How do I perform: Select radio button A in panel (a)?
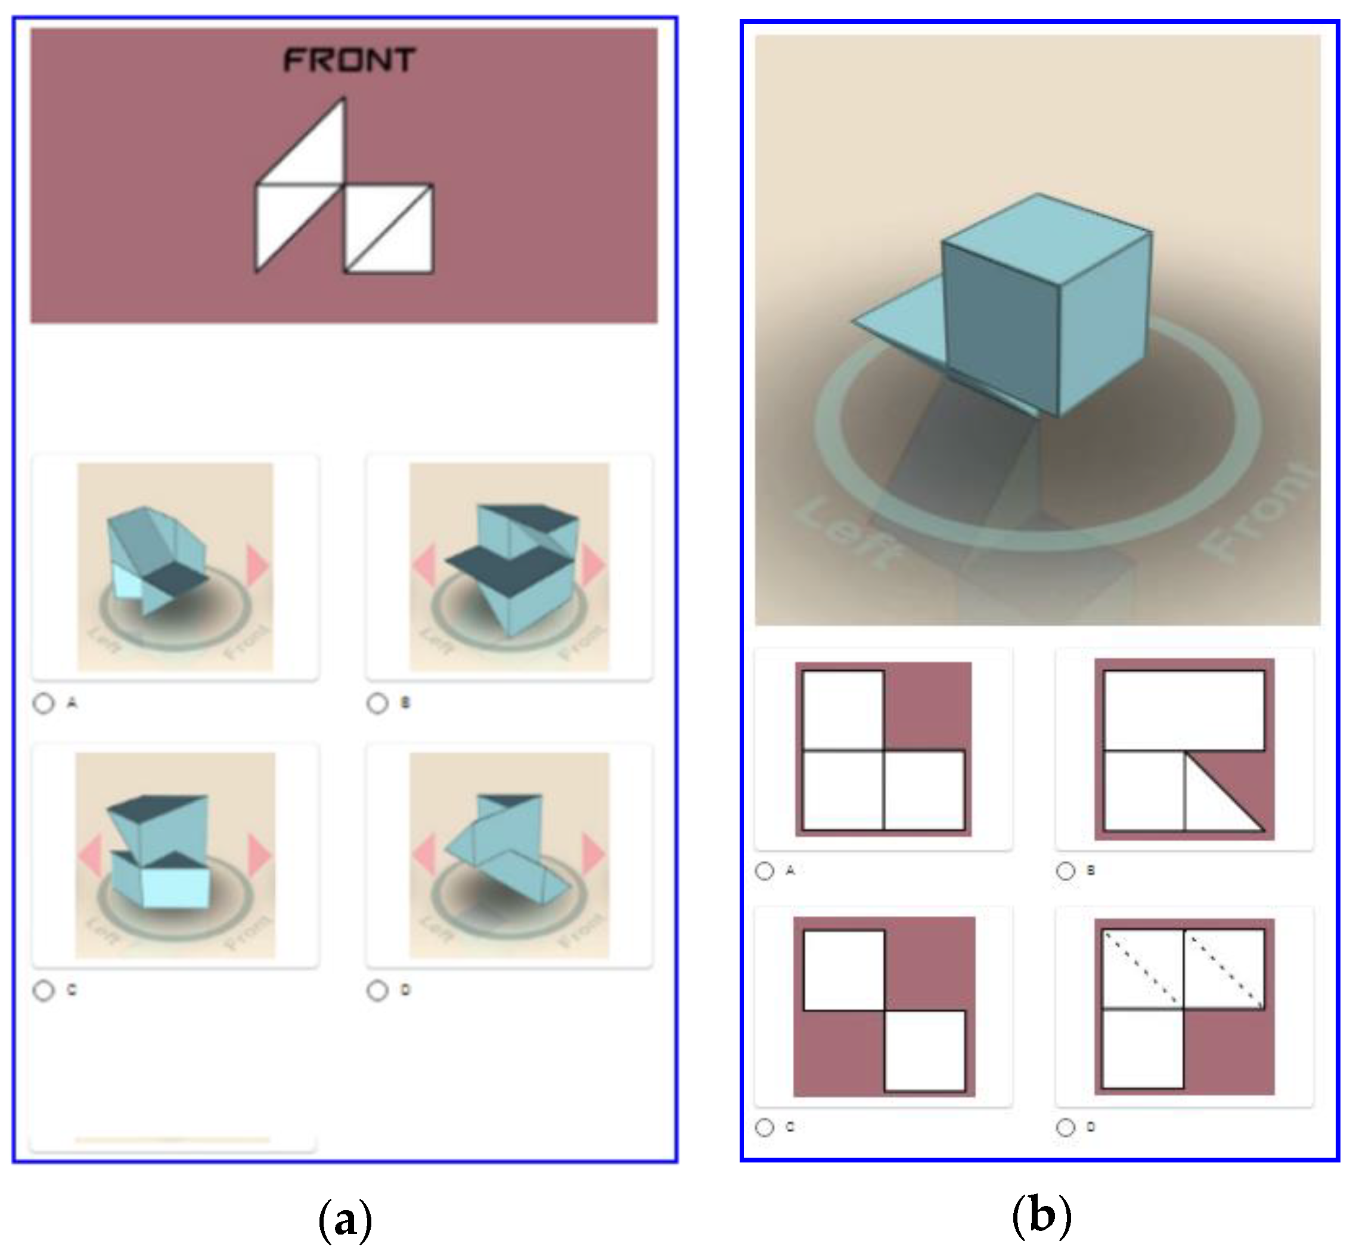[44, 704]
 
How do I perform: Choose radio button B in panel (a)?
[377, 704]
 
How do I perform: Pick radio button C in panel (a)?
[44, 991]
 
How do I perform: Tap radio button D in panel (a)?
[377, 991]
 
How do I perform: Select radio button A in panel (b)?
[765, 871]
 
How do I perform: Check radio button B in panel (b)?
[1065, 871]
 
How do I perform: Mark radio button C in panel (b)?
[765, 1127]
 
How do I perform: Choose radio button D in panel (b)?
[1065, 1127]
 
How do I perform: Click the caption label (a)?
[345, 1220]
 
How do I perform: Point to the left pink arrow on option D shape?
[424, 854]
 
